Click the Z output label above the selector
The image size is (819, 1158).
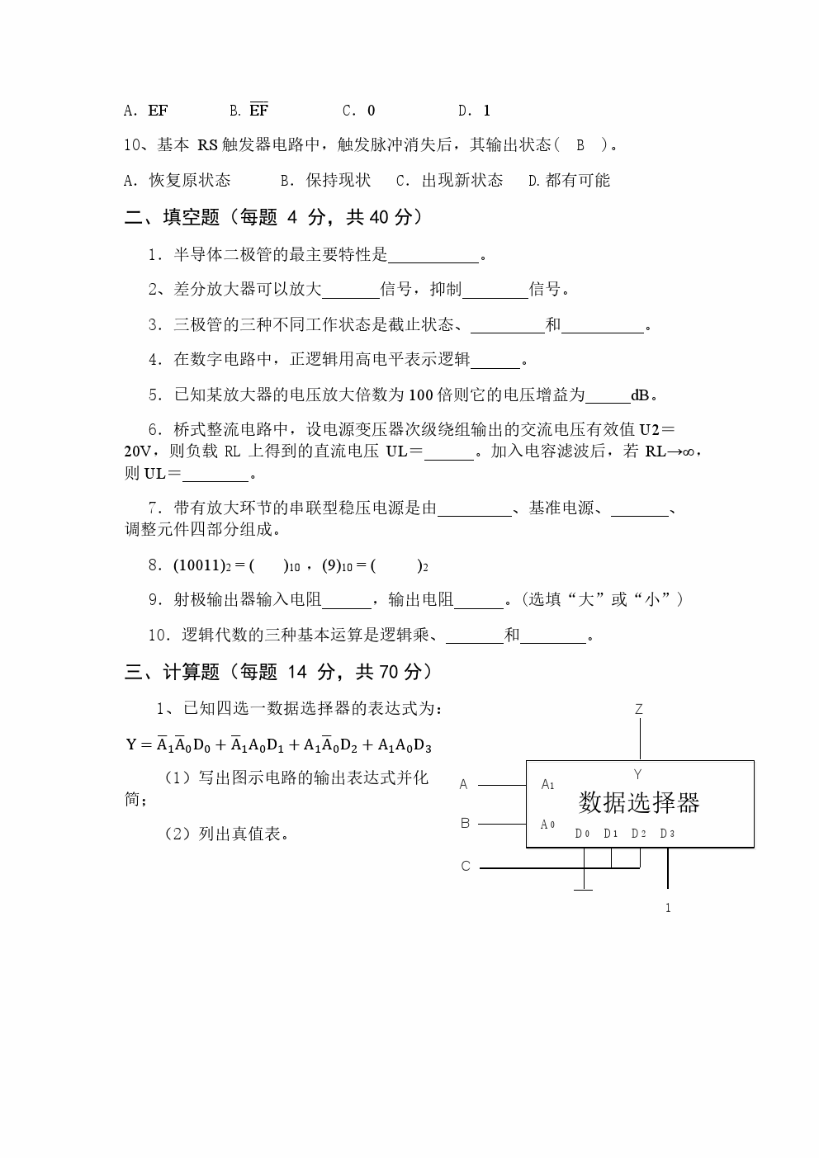coord(639,709)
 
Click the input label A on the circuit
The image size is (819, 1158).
coord(464,784)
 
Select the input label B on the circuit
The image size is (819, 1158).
coord(465,823)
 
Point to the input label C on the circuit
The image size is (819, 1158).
coord(466,866)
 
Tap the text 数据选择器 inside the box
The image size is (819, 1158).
coord(639,802)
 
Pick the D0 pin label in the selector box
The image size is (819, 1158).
coord(582,834)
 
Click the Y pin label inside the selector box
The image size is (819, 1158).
coord(637,774)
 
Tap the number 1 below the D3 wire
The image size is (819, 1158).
coord(668,908)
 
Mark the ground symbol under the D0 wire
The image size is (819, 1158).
coord(584,889)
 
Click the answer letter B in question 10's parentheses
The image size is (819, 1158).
coord(580,145)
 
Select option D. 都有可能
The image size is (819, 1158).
coord(569,181)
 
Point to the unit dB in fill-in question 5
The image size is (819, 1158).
coord(641,395)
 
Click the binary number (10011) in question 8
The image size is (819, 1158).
coord(199,565)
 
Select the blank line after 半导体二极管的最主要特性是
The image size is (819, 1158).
coord(433,256)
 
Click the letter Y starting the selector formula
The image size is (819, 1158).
coord(131,744)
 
